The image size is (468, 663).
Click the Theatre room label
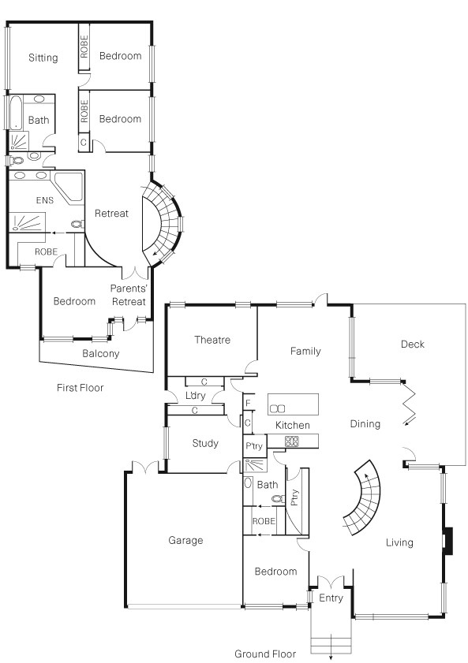click(212, 341)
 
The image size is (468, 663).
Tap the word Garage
click(185, 541)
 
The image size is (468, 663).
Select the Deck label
click(412, 345)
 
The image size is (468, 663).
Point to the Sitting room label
click(43, 58)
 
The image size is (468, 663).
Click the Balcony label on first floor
click(101, 354)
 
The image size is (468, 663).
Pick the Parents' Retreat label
click(128, 295)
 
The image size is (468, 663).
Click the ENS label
click(45, 200)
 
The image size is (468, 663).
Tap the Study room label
click(205, 444)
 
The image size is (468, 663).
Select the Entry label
click(330, 599)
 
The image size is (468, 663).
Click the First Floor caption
click(80, 388)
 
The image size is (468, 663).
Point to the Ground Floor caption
click(265, 654)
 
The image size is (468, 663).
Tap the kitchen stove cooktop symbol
click(292, 441)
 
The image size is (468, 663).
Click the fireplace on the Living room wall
click(447, 542)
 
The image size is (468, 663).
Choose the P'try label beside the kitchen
click(253, 447)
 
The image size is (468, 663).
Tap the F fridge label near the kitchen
click(248, 404)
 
